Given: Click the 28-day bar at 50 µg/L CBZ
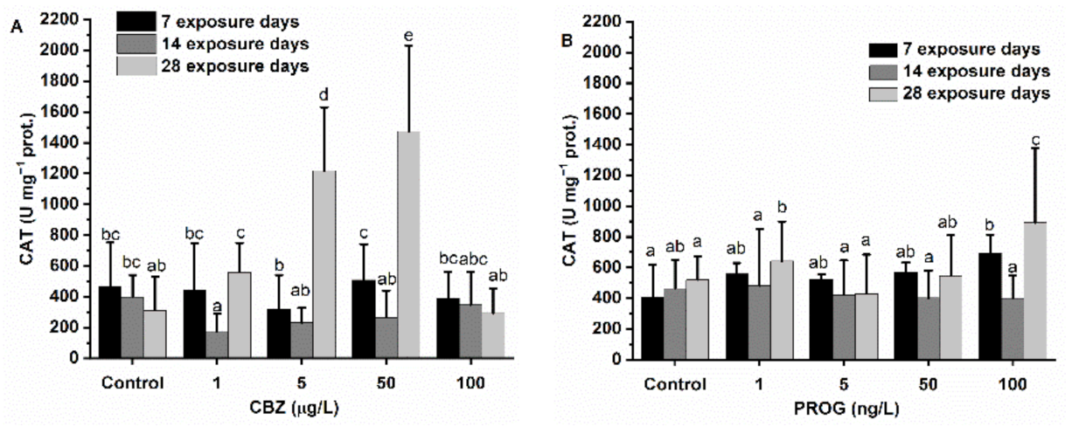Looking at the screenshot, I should click(x=407, y=244).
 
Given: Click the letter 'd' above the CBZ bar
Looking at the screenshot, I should click(x=325, y=95).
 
